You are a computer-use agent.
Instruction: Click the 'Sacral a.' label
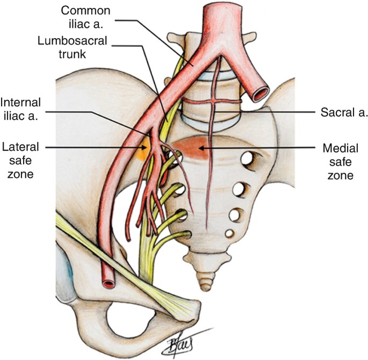pyautogui.click(x=340, y=113)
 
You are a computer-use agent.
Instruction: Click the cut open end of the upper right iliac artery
pyautogui.click(x=262, y=95)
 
